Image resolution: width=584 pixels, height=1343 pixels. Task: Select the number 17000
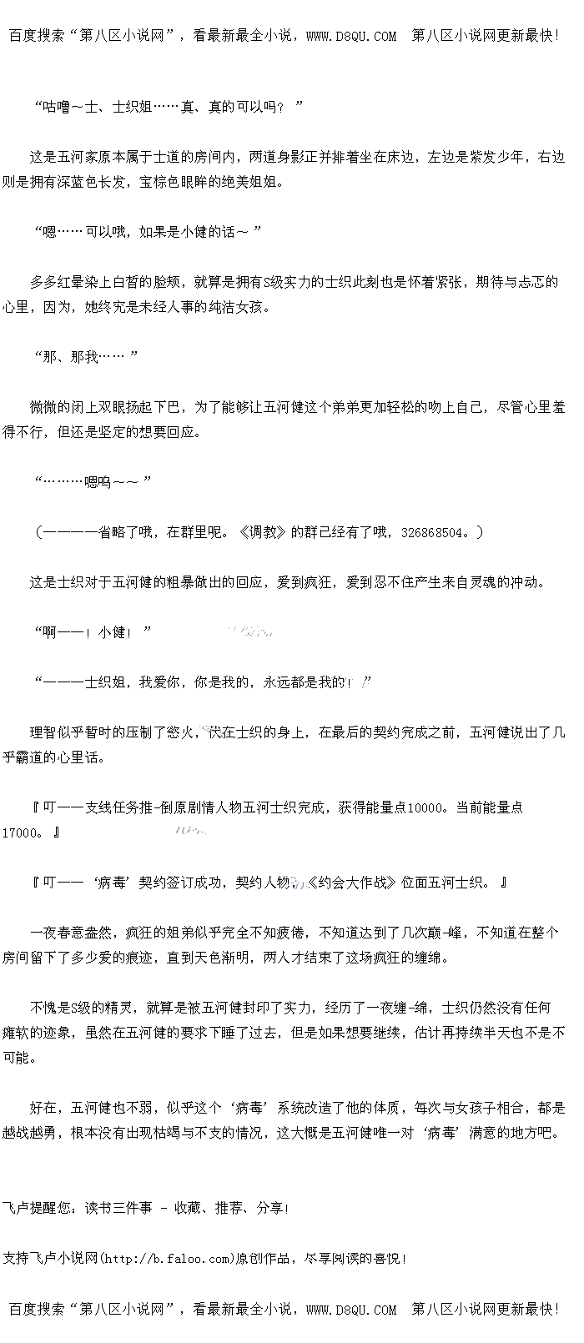(19, 833)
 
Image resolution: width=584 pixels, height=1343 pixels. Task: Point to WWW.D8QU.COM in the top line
(351, 36)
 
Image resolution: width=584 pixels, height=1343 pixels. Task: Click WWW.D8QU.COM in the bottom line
(351, 1310)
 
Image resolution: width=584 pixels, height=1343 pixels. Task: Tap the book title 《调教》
(262, 532)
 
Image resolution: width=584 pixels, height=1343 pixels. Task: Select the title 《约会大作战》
(352, 883)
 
